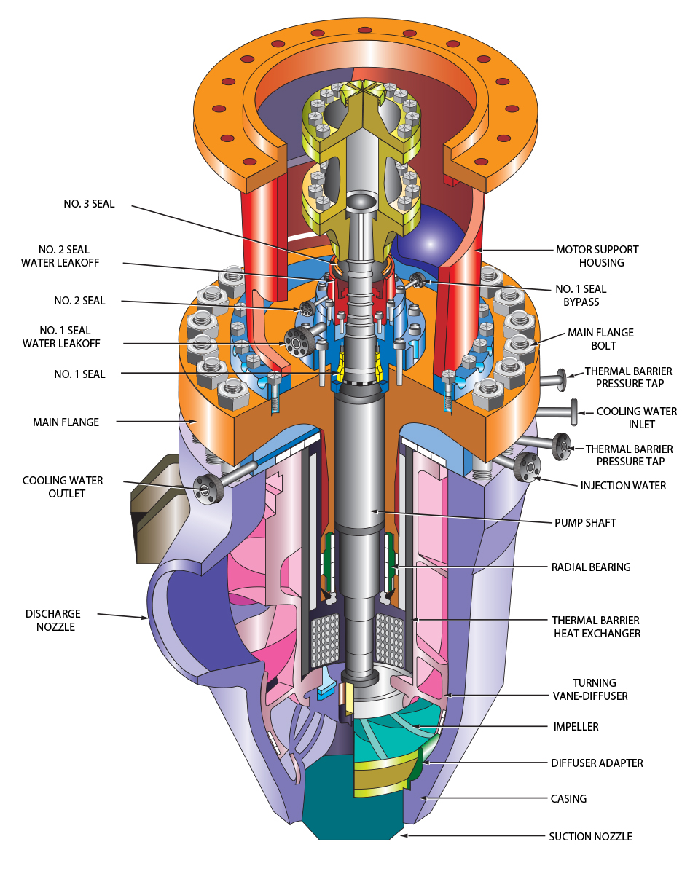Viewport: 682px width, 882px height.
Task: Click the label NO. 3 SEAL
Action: coord(89,204)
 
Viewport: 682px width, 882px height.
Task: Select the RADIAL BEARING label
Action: coord(591,567)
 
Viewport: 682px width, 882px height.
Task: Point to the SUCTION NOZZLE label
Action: coord(590,837)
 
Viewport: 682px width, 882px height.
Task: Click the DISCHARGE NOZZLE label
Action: coord(52,620)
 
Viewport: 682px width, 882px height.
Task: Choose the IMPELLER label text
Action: coord(575,727)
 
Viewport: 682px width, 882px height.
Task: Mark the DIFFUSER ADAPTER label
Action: coord(597,763)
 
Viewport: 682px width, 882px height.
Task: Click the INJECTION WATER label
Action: coord(623,485)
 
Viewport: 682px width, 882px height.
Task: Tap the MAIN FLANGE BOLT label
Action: coord(600,339)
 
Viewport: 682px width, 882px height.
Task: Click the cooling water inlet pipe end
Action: coord(573,412)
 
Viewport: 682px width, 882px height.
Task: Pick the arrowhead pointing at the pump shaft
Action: coord(372,511)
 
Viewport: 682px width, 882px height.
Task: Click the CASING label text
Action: coord(568,799)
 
